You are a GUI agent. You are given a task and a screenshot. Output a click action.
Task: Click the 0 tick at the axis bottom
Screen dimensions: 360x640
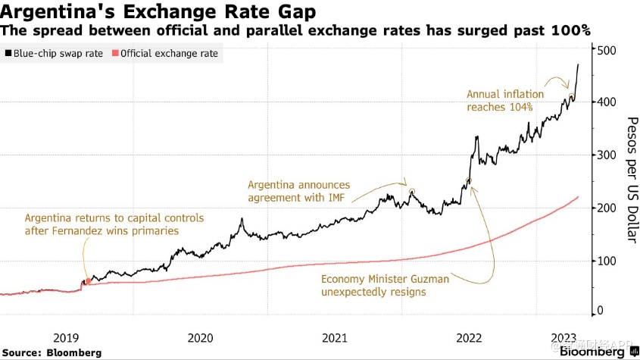pyautogui.click(x=601, y=310)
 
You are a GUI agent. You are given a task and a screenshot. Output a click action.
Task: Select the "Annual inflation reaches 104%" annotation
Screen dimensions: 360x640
pyautogui.click(x=505, y=101)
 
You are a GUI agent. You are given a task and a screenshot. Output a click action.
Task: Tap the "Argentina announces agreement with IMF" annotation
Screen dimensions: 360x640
pyautogui.click(x=299, y=192)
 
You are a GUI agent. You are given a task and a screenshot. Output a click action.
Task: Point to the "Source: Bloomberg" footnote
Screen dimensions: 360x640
pyautogui.click(x=52, y=353)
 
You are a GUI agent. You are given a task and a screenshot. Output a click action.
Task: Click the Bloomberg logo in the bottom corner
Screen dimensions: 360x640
pyautogui.click(x=596, y=352)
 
